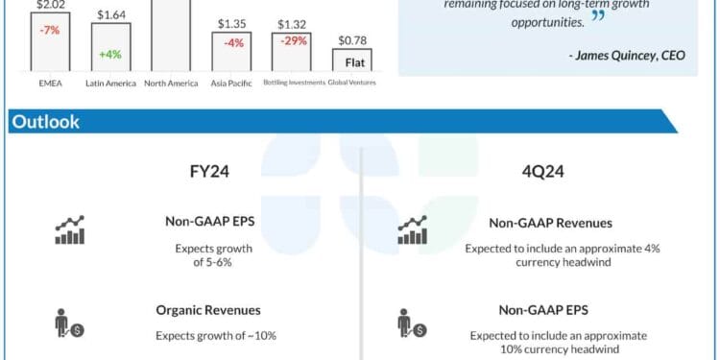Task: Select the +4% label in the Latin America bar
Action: click(110, 54)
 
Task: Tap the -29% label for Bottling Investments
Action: click(294, 41)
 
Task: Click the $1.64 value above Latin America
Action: click(111, 15)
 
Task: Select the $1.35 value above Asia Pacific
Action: click(231, 24)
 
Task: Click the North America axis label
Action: click(171, 84)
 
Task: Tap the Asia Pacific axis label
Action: click(231, 84)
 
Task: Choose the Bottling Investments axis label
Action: click(294, 84)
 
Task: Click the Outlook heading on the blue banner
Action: click(45, 122)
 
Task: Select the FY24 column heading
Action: click(209, 173)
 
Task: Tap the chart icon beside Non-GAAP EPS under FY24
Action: click(69, 230)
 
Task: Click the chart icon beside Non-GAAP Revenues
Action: click(413, 230)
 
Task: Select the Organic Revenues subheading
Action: click(208, 310)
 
